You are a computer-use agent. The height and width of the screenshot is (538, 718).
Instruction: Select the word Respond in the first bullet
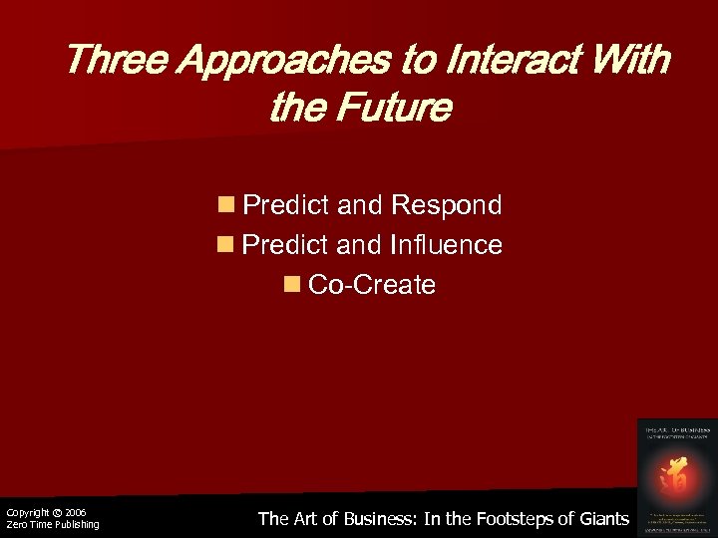[447, 206]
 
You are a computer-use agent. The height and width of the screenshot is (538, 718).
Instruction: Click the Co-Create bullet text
[372, 285]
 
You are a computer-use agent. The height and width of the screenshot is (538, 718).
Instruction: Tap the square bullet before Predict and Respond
[226, 206]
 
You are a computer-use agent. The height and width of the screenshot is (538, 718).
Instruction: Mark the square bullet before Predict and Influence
[226, 245]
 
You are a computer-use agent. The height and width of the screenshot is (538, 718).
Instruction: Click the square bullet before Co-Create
[292, 285]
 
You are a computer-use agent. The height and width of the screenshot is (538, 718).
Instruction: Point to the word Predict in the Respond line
[287, 206]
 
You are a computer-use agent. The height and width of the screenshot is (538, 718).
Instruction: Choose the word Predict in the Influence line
[287, 245]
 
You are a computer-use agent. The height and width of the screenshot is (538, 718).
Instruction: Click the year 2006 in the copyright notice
[76, 512]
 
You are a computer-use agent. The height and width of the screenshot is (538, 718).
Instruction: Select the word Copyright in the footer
[27, 512]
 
